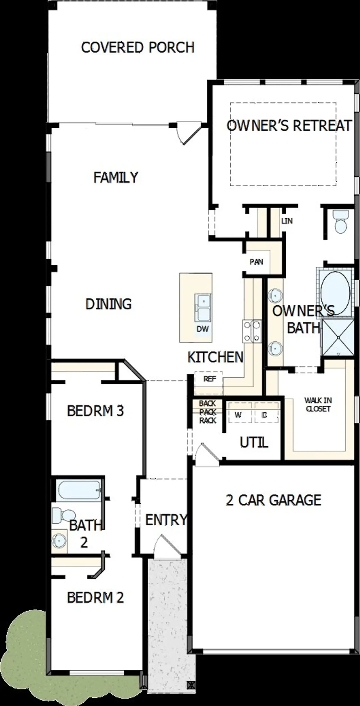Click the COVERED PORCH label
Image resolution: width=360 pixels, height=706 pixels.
coord(138,47)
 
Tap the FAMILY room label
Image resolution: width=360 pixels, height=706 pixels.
coord(116,178)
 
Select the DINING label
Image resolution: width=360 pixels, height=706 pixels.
coord(109,304)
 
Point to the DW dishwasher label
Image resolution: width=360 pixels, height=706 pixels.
coord(202,329)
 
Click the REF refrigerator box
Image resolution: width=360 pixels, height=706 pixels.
coord(210,379)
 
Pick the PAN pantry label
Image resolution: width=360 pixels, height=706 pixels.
coord(256,262)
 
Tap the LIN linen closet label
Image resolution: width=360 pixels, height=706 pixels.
coord(287,221)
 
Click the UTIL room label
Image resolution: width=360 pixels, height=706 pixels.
coord(254,443)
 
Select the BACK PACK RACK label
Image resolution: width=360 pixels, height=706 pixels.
coord(208,412)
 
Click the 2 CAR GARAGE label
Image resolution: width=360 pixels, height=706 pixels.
coord(273,500)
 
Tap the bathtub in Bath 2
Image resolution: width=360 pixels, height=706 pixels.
coord(78,490)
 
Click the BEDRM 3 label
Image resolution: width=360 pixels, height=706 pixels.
coord(95,411)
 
